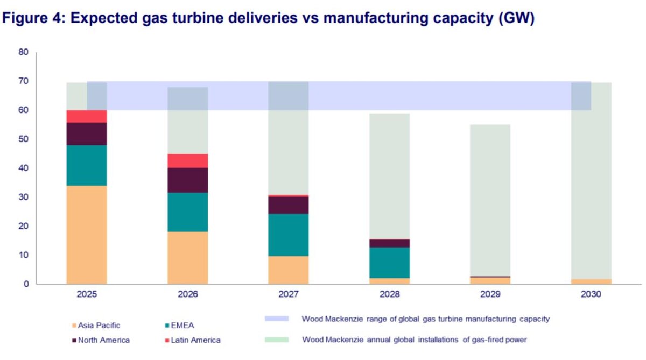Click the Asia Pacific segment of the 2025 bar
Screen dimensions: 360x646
87,234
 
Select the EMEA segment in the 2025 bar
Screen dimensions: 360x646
87,165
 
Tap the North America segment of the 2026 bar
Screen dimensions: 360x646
187,180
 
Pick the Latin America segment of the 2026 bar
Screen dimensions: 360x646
187,161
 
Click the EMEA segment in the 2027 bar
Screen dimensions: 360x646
289,235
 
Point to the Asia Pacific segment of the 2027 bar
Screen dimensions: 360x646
289,270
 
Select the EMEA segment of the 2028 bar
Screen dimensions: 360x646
389,263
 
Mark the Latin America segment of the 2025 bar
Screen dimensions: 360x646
87,116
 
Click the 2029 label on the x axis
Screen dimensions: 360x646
490,295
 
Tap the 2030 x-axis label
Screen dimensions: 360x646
591,295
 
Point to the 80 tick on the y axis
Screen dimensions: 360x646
23,52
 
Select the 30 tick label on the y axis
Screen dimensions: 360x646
23,197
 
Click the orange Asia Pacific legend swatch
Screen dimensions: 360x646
73,326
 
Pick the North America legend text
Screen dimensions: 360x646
104,340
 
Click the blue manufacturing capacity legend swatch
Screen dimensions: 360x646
277,319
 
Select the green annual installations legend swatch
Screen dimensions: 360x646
277,340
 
